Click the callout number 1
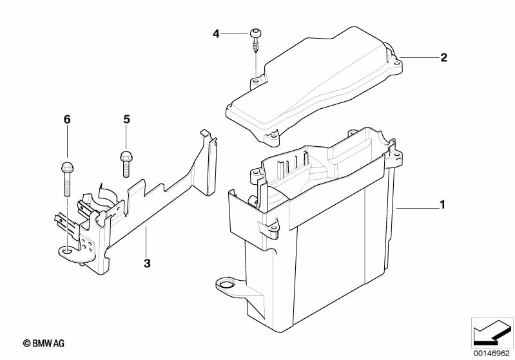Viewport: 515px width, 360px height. tap(442, 205)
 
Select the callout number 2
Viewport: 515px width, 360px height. tap(443, 58)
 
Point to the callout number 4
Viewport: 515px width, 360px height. tap(217, 33)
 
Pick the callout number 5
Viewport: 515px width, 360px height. tap(126, 119)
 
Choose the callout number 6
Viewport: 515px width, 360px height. tap(66, 119)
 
